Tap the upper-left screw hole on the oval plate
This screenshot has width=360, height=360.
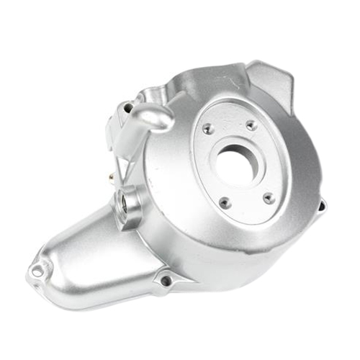coord(208,130)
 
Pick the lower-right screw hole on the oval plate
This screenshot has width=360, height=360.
coord(269,197)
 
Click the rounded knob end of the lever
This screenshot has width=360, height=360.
coord(155,117)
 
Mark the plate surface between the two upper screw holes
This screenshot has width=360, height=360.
coord(229,122)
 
